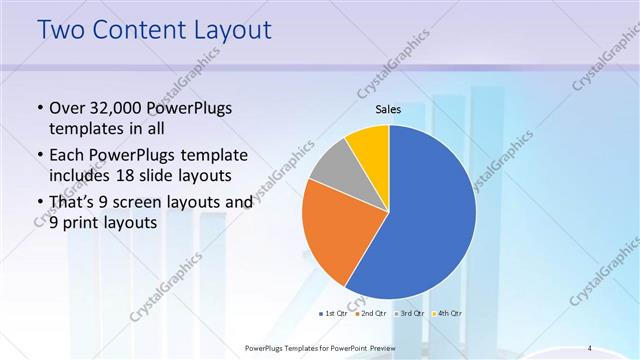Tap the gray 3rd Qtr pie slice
pos(333,167)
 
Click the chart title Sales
pos(388,109)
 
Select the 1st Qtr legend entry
pos(333,313)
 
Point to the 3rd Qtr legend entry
pos(412,313)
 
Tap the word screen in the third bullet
pos(148,202)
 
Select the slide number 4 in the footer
pos(589,347)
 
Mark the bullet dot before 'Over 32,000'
pos(38,107)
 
